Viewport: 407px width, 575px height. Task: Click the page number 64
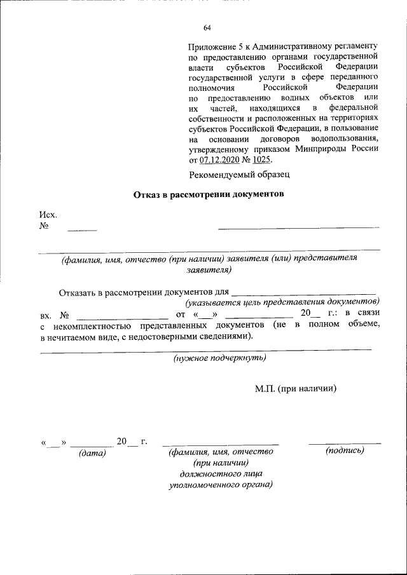coord(207,27)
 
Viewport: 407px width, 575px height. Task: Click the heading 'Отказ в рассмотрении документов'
coord(207,194)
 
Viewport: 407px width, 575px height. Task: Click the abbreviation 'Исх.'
coord(48,215)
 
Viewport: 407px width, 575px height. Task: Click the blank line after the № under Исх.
coord(82,227)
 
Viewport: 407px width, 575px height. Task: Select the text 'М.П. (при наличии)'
coord(295,388)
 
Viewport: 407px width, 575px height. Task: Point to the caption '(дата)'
coord(92,453)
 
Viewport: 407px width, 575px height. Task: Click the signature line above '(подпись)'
coord(345,442)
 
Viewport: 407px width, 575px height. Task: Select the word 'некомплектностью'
coord(86,325)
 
